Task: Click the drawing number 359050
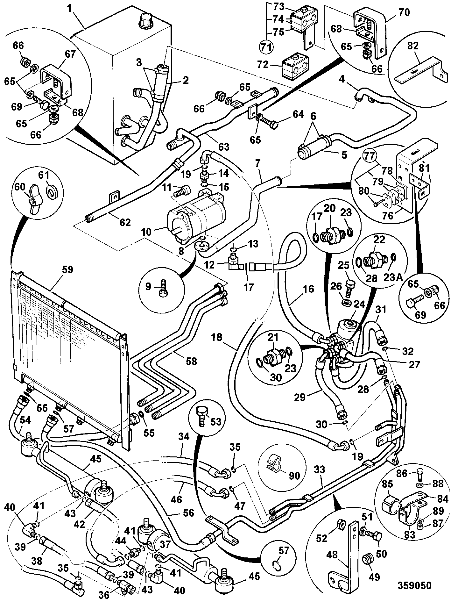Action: point(414,585)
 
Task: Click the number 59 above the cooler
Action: point(68,269)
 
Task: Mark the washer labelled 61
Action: point(51,192)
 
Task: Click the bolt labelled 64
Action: point(271,122)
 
